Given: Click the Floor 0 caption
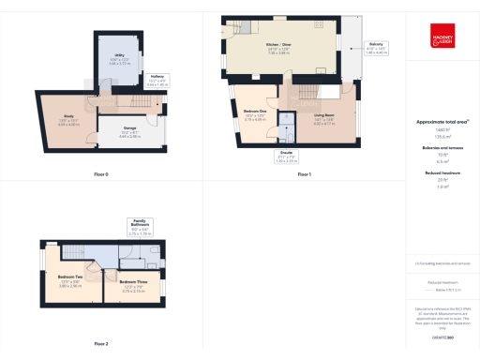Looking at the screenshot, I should (x=100, y=175).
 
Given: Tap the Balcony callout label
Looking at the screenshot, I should (x=376, y=44).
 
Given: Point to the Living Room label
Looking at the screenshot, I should (x=325, y=115).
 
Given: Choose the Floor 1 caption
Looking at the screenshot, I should (x=304, y=175).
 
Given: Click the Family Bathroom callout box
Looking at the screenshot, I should (x=140, y=225).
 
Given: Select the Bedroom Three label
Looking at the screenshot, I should (x=133, y=282).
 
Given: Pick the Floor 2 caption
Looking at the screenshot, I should (x=100, y=344).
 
